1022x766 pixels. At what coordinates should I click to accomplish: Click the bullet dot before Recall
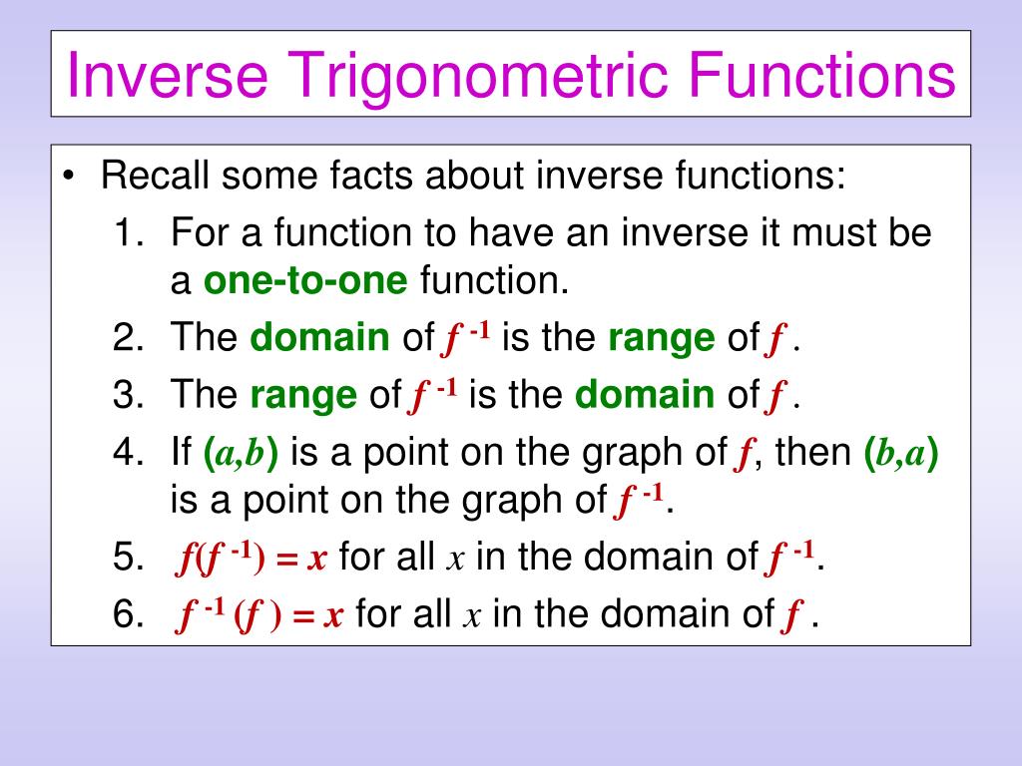coord(69,177)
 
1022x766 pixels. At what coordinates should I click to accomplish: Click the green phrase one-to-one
coord(305,280)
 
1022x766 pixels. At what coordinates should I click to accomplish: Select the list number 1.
coord(128,232)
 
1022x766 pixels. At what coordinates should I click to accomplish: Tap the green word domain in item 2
coord(320,337)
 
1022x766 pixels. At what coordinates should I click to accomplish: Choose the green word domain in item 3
coord(645,395)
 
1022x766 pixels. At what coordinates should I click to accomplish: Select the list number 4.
coord(128,452)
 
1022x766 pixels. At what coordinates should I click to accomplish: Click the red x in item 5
coord(316,560)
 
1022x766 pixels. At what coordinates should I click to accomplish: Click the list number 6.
coord(128,614)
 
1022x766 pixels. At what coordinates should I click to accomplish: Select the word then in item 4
coord(813,452)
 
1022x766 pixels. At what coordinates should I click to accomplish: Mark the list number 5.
coord(128,558)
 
